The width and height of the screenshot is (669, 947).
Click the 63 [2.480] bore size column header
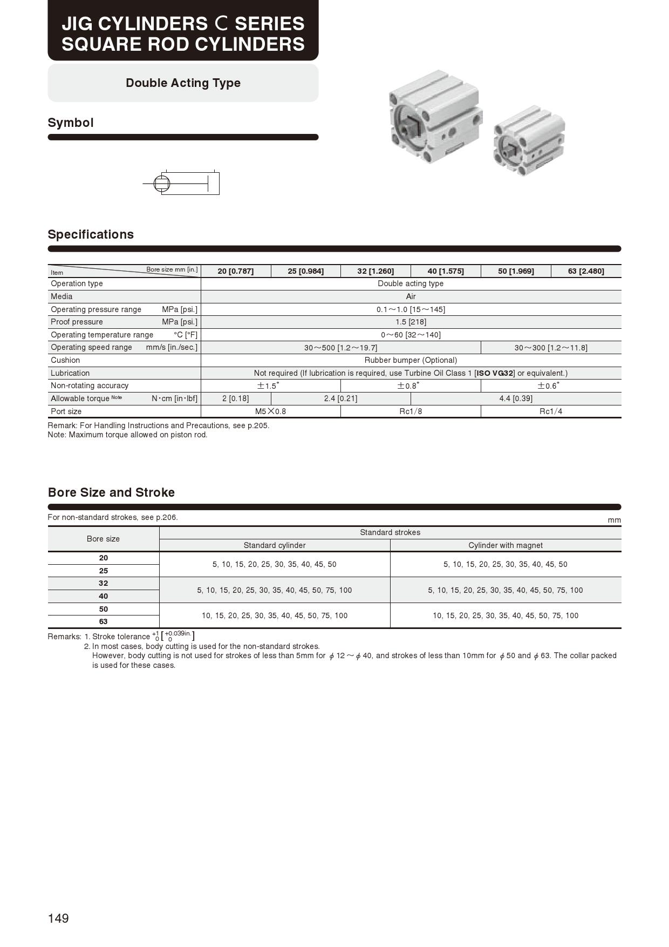[586, 271]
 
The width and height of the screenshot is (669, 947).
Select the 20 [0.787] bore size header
[236, 271]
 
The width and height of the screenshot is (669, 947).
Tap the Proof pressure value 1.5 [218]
[411, 322]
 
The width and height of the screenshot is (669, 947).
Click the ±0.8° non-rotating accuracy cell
[411, 386]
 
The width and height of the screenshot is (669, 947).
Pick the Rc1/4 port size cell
[551, 411]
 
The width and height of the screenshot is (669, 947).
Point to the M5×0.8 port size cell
[270, 411]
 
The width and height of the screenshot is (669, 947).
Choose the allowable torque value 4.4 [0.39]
[516, 398]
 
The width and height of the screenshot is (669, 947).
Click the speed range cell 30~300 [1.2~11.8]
[551, 348]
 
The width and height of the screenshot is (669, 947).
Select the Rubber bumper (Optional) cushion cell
[411, 360]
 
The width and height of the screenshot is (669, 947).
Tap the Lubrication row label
[70, 373]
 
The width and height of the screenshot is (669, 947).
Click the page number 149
[58, 918]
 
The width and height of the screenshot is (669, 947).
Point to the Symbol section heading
[71, 123]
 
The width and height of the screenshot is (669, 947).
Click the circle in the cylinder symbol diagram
[162, 184]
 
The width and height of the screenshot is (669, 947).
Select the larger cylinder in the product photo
[435, 117]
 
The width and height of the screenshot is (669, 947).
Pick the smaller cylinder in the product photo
[529, 141]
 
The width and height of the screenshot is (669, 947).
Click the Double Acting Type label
[183, 83]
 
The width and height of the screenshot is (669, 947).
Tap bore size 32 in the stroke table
[103, 584]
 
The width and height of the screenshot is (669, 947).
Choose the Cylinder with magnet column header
[506, 545]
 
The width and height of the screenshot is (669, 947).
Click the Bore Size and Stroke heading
[111, 492]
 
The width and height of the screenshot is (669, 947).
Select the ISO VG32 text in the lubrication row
[495, 373]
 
